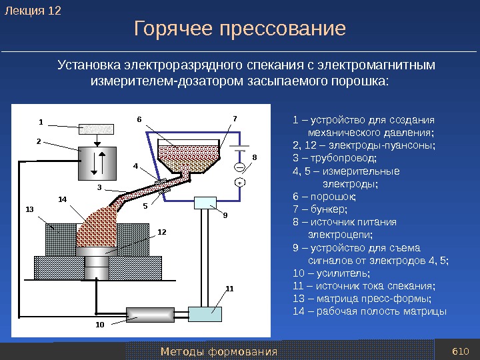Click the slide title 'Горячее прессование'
pyautogui.click(x=240, y=29)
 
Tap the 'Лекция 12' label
pyautogui.click(x=33, y=11)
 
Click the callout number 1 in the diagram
pyautogui.click(x=40, y=122)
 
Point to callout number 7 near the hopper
pyautogui.click(x=234, y=119)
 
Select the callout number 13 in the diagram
pyautogui.click(x=29, y=209)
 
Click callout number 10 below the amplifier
pyautogui.click(x=100, y=325)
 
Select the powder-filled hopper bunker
pyautogui.click(x=189, y=155)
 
